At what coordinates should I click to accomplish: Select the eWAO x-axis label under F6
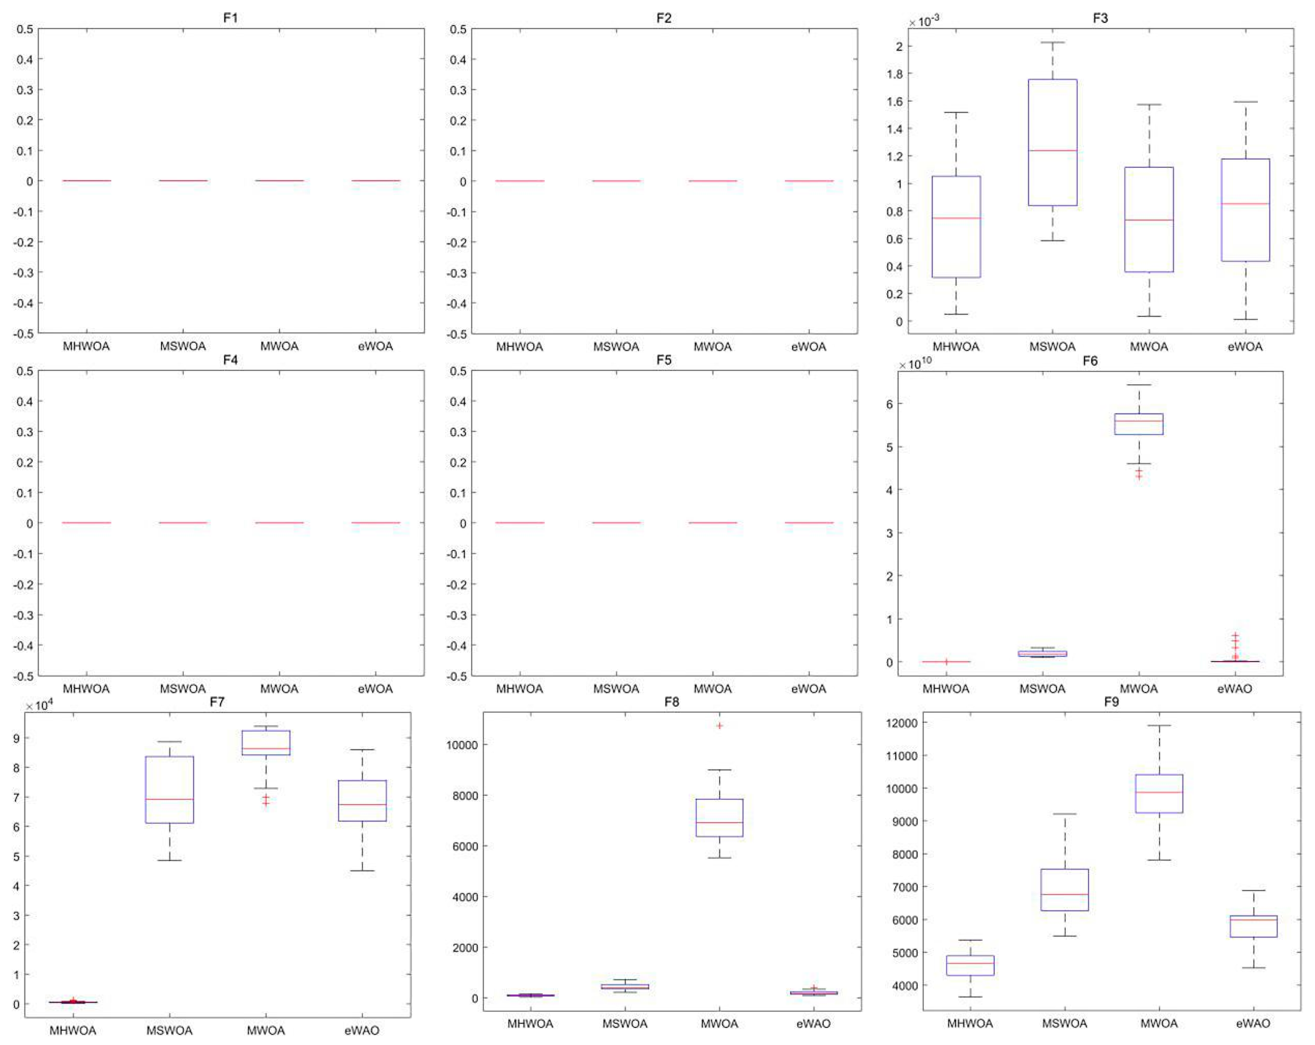1234,689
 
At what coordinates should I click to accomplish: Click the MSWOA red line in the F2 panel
616,181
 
